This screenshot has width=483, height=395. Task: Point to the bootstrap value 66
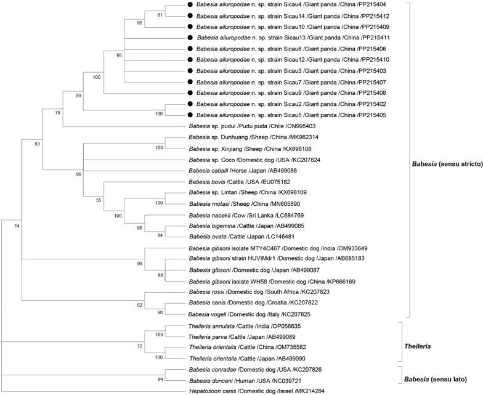(x=119, y=56)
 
